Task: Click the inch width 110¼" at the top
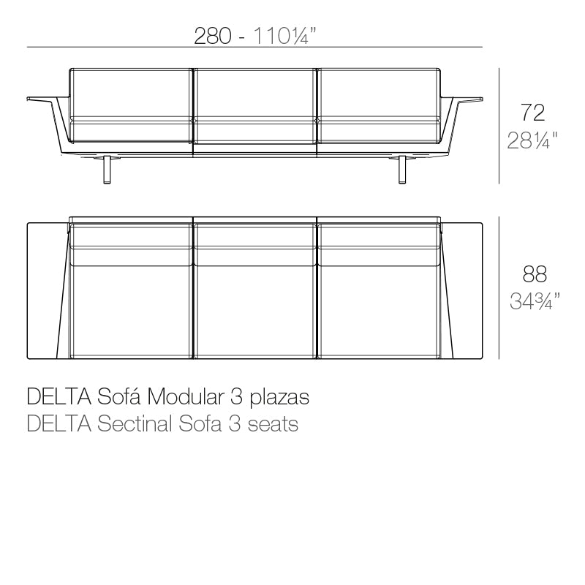point(285,36)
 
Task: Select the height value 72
point(533,113)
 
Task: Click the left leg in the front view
point(108,169)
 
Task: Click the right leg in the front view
point(402,169)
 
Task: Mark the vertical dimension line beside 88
point(499,287)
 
